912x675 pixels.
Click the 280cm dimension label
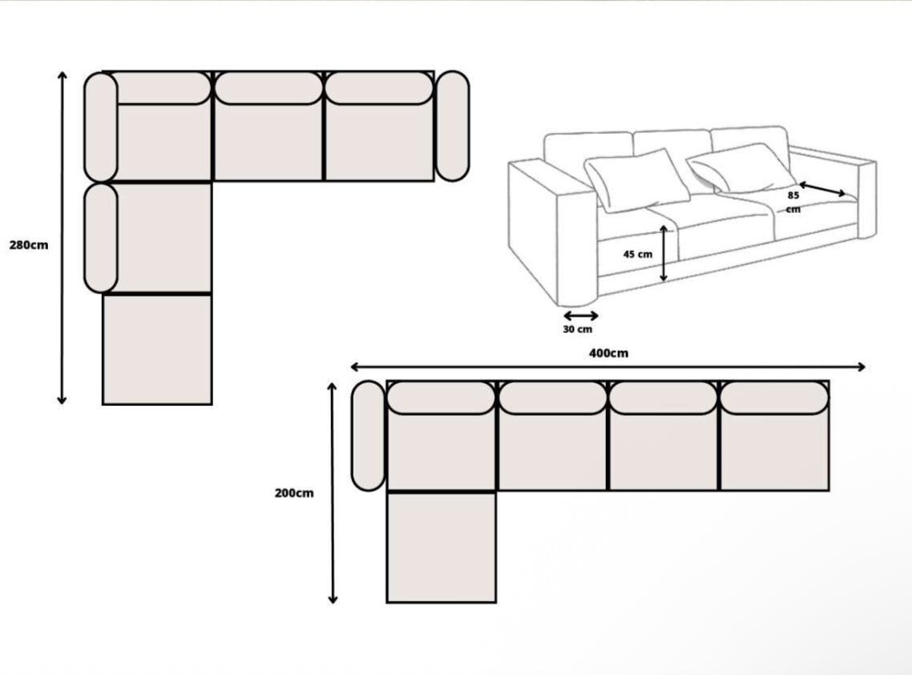tap(29, 245)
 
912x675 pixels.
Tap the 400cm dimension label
tap(608, 353)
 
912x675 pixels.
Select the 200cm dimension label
tap(294, 493)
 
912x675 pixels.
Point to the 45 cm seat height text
tap(638, 254)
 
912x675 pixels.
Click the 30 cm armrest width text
tap(579, 329)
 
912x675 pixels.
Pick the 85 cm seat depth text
tap(793, 201)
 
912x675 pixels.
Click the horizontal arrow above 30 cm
tap(580, 315)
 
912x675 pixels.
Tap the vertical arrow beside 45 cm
tap(664, 253)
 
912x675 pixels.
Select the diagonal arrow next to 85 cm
tap(822, 189)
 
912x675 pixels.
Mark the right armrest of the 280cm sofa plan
tap(452, 126)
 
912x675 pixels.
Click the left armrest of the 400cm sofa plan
tap(368, 436)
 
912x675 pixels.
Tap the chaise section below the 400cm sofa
tap(441, 547)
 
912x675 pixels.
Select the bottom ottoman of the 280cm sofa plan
tap(157, 350)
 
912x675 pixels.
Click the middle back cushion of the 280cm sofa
tap(268, 88)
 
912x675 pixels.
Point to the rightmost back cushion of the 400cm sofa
tap(774, 398)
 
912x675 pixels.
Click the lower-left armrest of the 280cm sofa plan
tap(101, 238)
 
